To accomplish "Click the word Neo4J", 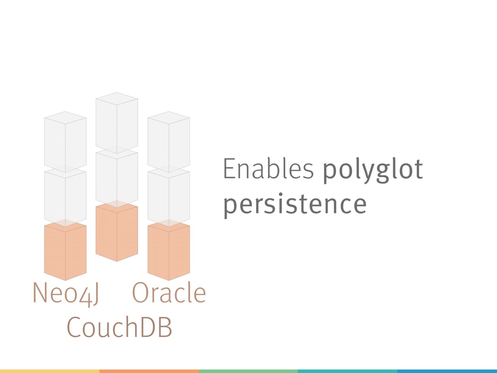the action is point(66,294).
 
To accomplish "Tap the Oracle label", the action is point(169,292).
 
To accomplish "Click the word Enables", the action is point(268,168).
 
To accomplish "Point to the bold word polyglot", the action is point(373,171).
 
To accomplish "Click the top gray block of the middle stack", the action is point(117,123).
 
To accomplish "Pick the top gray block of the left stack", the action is point(65,142).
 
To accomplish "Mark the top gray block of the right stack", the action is point(169,142).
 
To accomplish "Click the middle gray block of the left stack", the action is point(65,196).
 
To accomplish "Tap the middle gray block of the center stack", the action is point(117,177).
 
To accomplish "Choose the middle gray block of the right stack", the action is point(169,196).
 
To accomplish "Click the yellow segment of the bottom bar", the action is point(50,371).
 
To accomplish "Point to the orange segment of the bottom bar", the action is point(149,371).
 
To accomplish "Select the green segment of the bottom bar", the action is point(248,371).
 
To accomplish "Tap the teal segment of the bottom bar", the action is point(347,371).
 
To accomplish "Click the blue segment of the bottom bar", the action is point(447,371).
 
